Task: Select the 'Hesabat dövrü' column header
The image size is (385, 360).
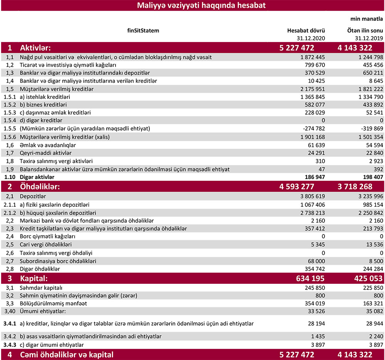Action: [x=306, y=31]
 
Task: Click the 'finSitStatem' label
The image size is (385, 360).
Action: [x=143, y=30]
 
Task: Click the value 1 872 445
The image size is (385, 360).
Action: [x=310, y=57]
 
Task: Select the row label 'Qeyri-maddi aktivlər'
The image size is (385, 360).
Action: [x=46, y=153]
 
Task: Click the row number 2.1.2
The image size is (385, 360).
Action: [x=10, y=213]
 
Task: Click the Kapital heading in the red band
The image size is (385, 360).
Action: [x=33, y=278]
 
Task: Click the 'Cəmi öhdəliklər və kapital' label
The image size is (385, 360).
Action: [x=66, y=355]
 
